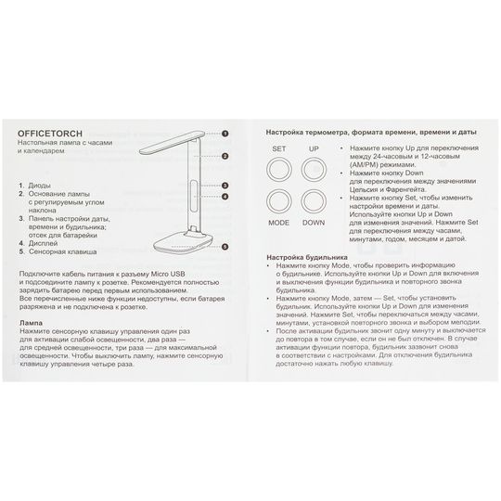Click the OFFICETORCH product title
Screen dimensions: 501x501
coord(50,134)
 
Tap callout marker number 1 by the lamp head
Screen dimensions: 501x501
coord(225,134)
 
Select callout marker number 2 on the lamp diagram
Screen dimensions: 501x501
coord(225,156)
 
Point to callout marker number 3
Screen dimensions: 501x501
coord(225,186)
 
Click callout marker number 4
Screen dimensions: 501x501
coord(225,197)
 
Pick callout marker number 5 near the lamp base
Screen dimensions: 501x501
coord(225,247)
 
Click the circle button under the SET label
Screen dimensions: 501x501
coord(279,170)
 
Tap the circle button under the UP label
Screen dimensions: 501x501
coord(314,170)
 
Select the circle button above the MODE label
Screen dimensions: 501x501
coord(279,201)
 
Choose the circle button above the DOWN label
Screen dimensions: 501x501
coord(314,201)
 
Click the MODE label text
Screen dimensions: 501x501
coord(278,223)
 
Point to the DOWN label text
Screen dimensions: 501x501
coord(314,223)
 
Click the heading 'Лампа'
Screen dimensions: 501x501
coord(31,323)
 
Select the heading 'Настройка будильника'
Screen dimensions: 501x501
coord(307,257)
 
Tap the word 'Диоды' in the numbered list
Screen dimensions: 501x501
coord(39,186)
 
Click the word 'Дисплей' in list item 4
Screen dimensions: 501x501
coord(43,243)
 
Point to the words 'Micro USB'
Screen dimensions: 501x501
coord(168,274)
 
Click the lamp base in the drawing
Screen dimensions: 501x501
coord(184,241)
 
